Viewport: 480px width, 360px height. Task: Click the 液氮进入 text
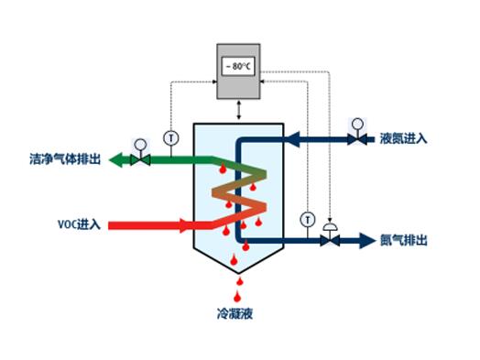pyautogui.click(x=403, y=140)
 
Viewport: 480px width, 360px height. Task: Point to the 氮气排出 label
pyautogui.click(x=403, y=241)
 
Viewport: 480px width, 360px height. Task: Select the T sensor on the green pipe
pyautogui.click(x=170, y=137)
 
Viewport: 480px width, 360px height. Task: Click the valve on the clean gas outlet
pyautogui.click(x=140, y=160)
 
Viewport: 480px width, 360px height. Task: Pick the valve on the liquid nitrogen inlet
pyautogui.click(x=355, y=140)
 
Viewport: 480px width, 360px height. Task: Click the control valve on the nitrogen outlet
pyautogui.click(x=330, y=240)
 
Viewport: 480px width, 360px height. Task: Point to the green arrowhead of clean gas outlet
pyautogui.click(x=117, y=160)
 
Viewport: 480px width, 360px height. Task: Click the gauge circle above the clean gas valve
pyautogui.click(x=140, y=143)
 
